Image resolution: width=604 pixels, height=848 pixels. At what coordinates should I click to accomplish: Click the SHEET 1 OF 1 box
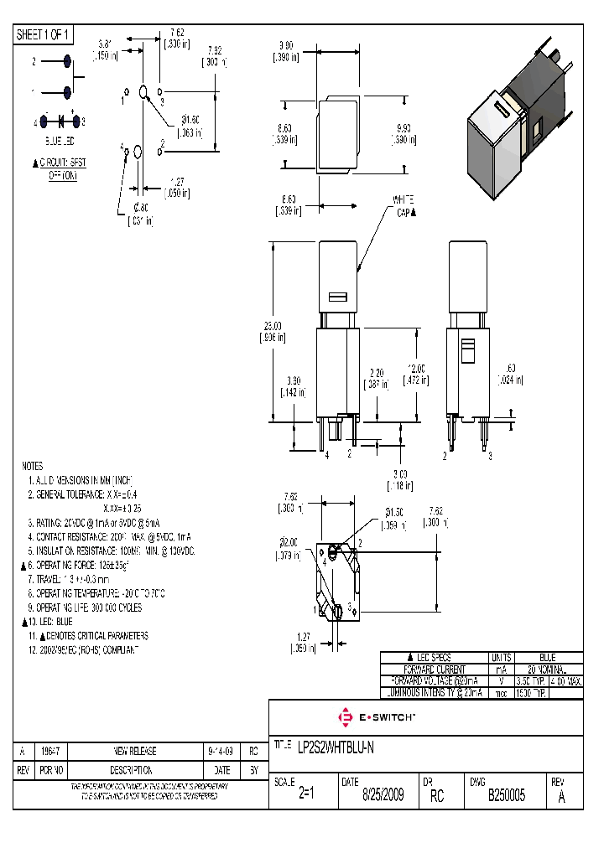(44, 34)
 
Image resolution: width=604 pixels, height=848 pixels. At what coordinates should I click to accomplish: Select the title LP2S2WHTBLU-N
(336, 749)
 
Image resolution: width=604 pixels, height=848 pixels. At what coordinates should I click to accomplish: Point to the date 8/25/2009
(383, 795)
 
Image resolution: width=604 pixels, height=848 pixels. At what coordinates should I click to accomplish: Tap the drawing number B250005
(507, 795)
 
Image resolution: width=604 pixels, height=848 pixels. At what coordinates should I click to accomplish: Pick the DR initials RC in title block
(436, 795)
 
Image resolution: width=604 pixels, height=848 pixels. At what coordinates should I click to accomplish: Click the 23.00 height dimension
(272, 332)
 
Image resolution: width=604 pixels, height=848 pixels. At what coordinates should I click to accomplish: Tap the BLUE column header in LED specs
(547, 658)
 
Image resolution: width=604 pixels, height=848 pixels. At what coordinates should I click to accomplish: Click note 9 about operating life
(85, 607)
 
